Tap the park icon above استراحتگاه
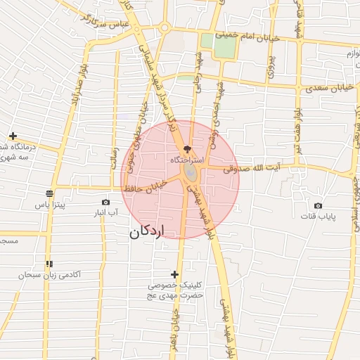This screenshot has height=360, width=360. point(186,149)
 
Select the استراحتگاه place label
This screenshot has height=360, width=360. point(186,160)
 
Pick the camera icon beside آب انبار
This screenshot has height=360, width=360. point(105,202)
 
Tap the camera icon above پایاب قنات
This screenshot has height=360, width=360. point(318,205)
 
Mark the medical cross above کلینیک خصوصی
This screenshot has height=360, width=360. point(175,274)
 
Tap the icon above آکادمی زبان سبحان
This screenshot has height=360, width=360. point(49,264)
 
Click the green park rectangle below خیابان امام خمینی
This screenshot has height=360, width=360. point(225,46)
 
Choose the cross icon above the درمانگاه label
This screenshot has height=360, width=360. point(13,135)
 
